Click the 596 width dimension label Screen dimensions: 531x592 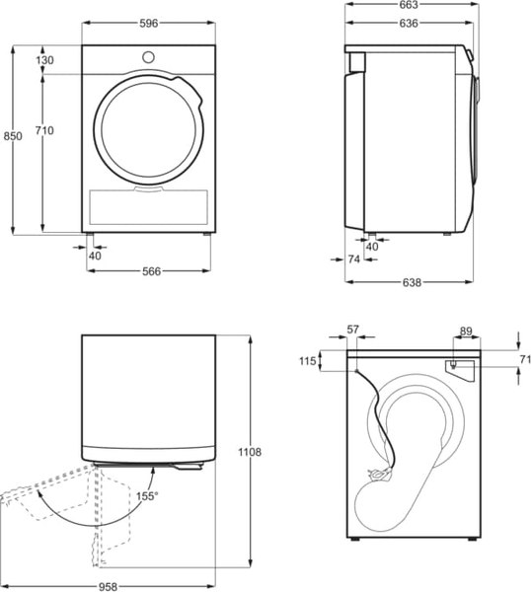click(149, 24)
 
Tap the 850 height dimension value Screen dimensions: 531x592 click(13, 136)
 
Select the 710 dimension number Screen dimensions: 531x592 click(44, 130)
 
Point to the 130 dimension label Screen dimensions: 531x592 click(45, 60)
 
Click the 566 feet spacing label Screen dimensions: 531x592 click(151, 271)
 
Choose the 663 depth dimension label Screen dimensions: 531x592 click(409, 5)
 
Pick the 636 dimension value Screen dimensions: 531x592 click(409, 24)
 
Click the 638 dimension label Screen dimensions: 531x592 click(412, 282)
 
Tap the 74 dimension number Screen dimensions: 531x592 click(354, 259)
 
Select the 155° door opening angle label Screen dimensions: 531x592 click(147, 495)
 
